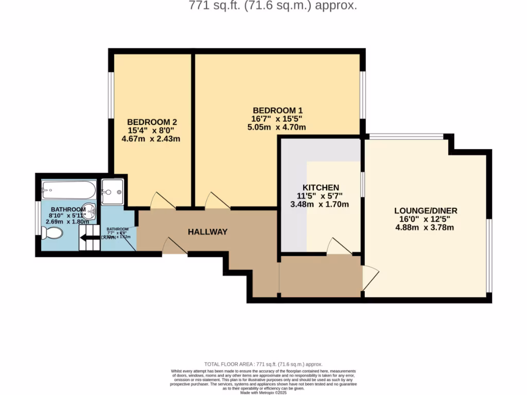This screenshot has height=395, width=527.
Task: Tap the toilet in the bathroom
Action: tap(52, 234)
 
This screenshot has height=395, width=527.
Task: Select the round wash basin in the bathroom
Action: tap(91, 210)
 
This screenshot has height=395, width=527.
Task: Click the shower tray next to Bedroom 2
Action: tap(112, 192)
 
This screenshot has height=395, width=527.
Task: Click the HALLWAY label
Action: tap(207, 232)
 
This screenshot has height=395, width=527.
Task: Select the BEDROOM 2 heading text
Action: tap(152, 122)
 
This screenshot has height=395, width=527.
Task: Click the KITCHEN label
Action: tap(320, 187)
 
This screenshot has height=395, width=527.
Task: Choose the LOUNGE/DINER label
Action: tap(426, 211)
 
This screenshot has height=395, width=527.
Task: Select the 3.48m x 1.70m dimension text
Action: tap(320, 204)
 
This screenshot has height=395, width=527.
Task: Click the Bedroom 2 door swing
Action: tap(162, 202)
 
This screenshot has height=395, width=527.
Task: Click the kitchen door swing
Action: tap(339, 246)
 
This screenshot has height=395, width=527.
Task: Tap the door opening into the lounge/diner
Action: tap(370, 278)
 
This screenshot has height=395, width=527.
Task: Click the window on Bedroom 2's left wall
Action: tap(110, 97)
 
